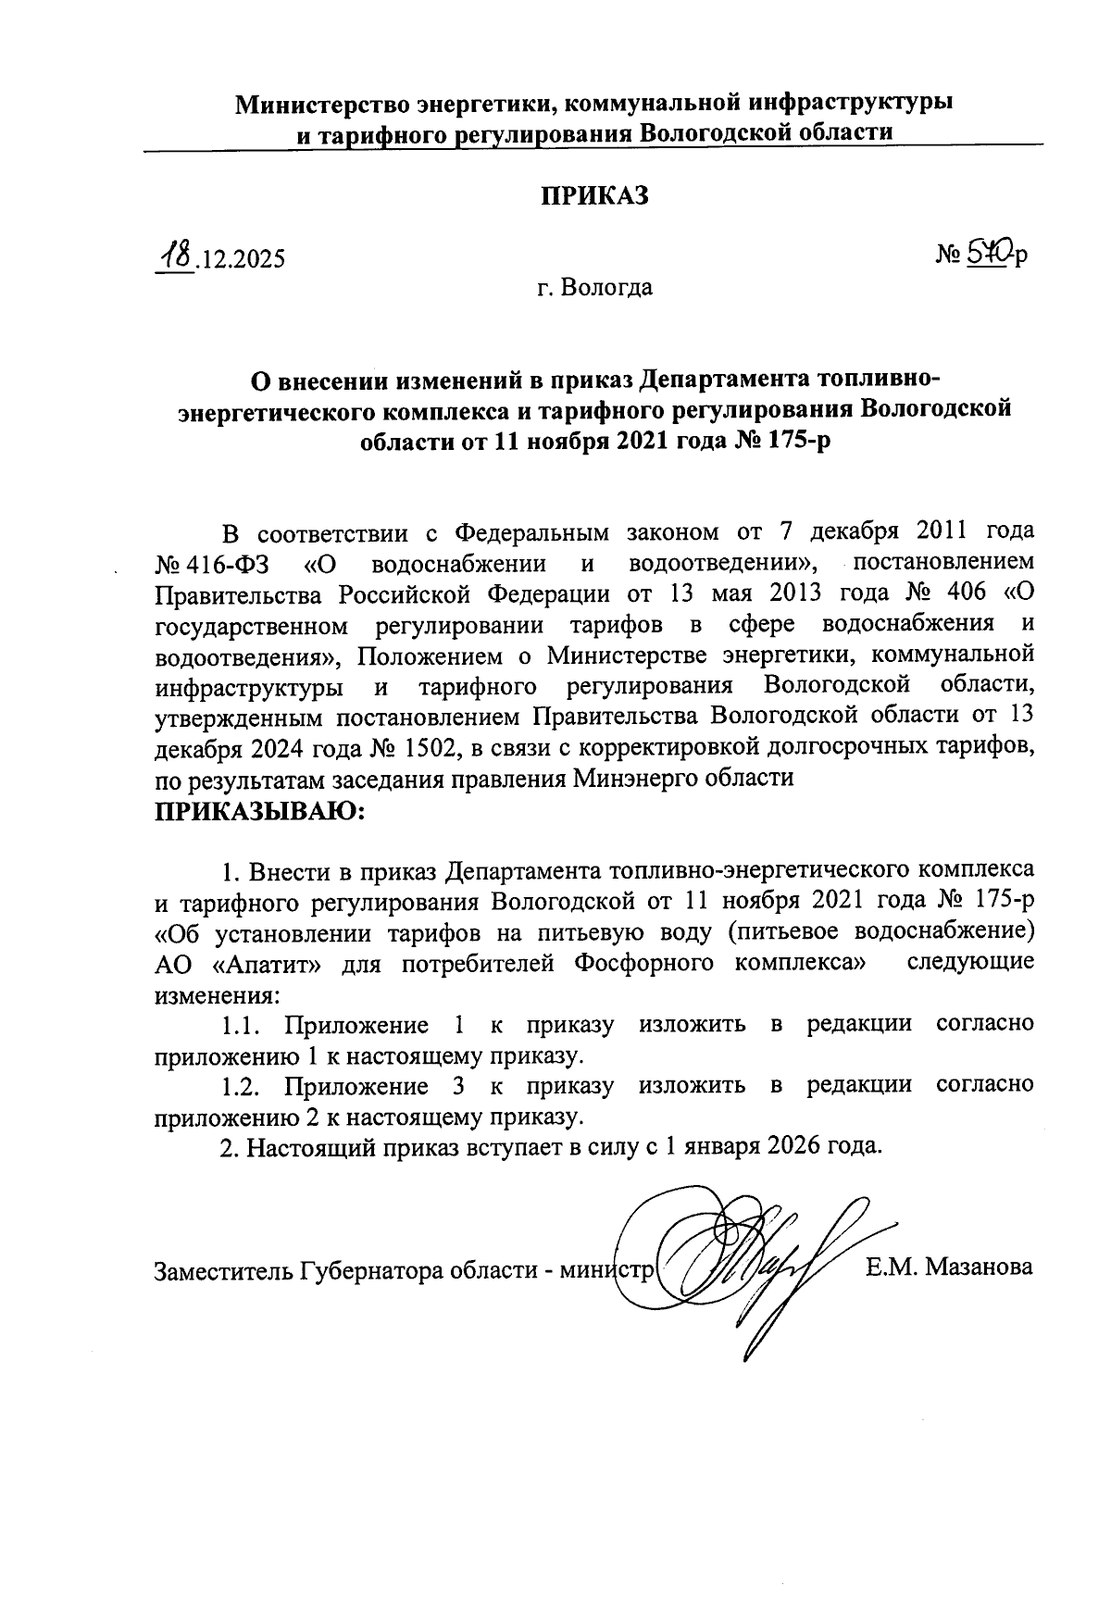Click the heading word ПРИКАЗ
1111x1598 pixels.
595,196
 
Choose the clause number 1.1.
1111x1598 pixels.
243,1025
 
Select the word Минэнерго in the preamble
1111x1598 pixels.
642,778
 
